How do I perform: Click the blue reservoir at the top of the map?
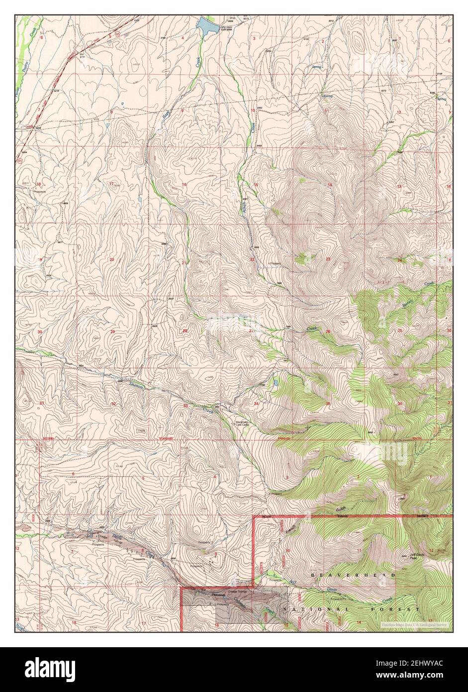tap(206, 25)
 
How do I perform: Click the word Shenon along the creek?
tap(136, 385)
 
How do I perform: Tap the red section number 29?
tap(112, 332)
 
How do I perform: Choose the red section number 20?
tap(112, 259)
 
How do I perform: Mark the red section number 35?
tap(328, 403)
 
